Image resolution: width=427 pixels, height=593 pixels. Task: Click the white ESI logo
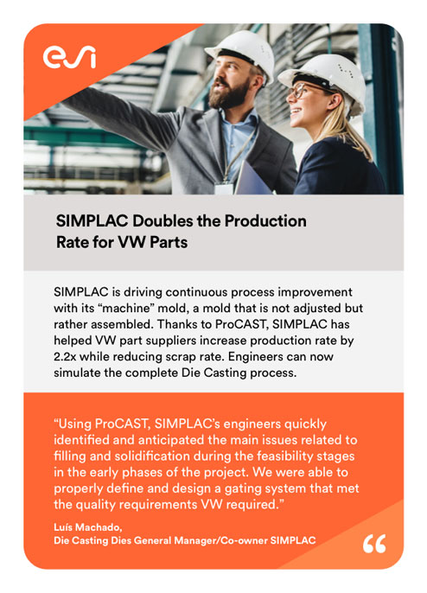point(69,57)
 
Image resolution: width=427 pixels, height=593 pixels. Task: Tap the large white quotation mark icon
point(374,544)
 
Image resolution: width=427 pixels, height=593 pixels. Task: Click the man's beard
point(228,94)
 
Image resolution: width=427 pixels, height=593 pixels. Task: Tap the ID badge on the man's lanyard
point(224,188)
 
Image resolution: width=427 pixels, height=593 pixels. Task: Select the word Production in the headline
point(265,221)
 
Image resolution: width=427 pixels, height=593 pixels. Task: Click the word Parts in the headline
point(169,242)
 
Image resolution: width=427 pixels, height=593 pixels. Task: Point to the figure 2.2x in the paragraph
point(65,357)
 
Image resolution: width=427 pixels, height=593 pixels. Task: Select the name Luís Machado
point(88,526)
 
